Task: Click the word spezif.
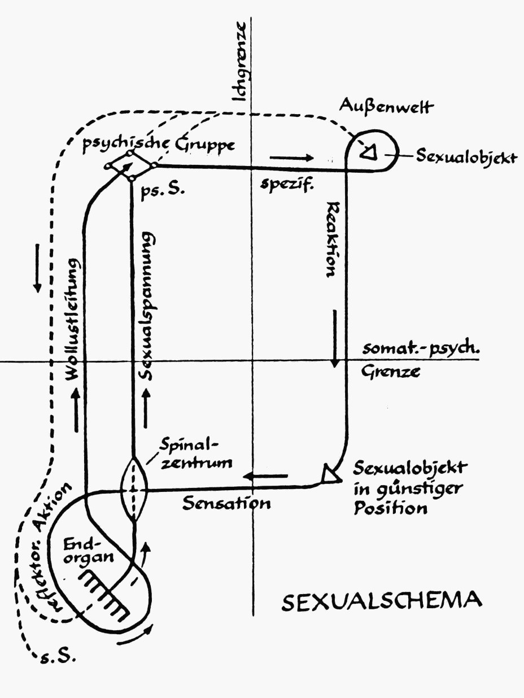coord(287,184)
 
